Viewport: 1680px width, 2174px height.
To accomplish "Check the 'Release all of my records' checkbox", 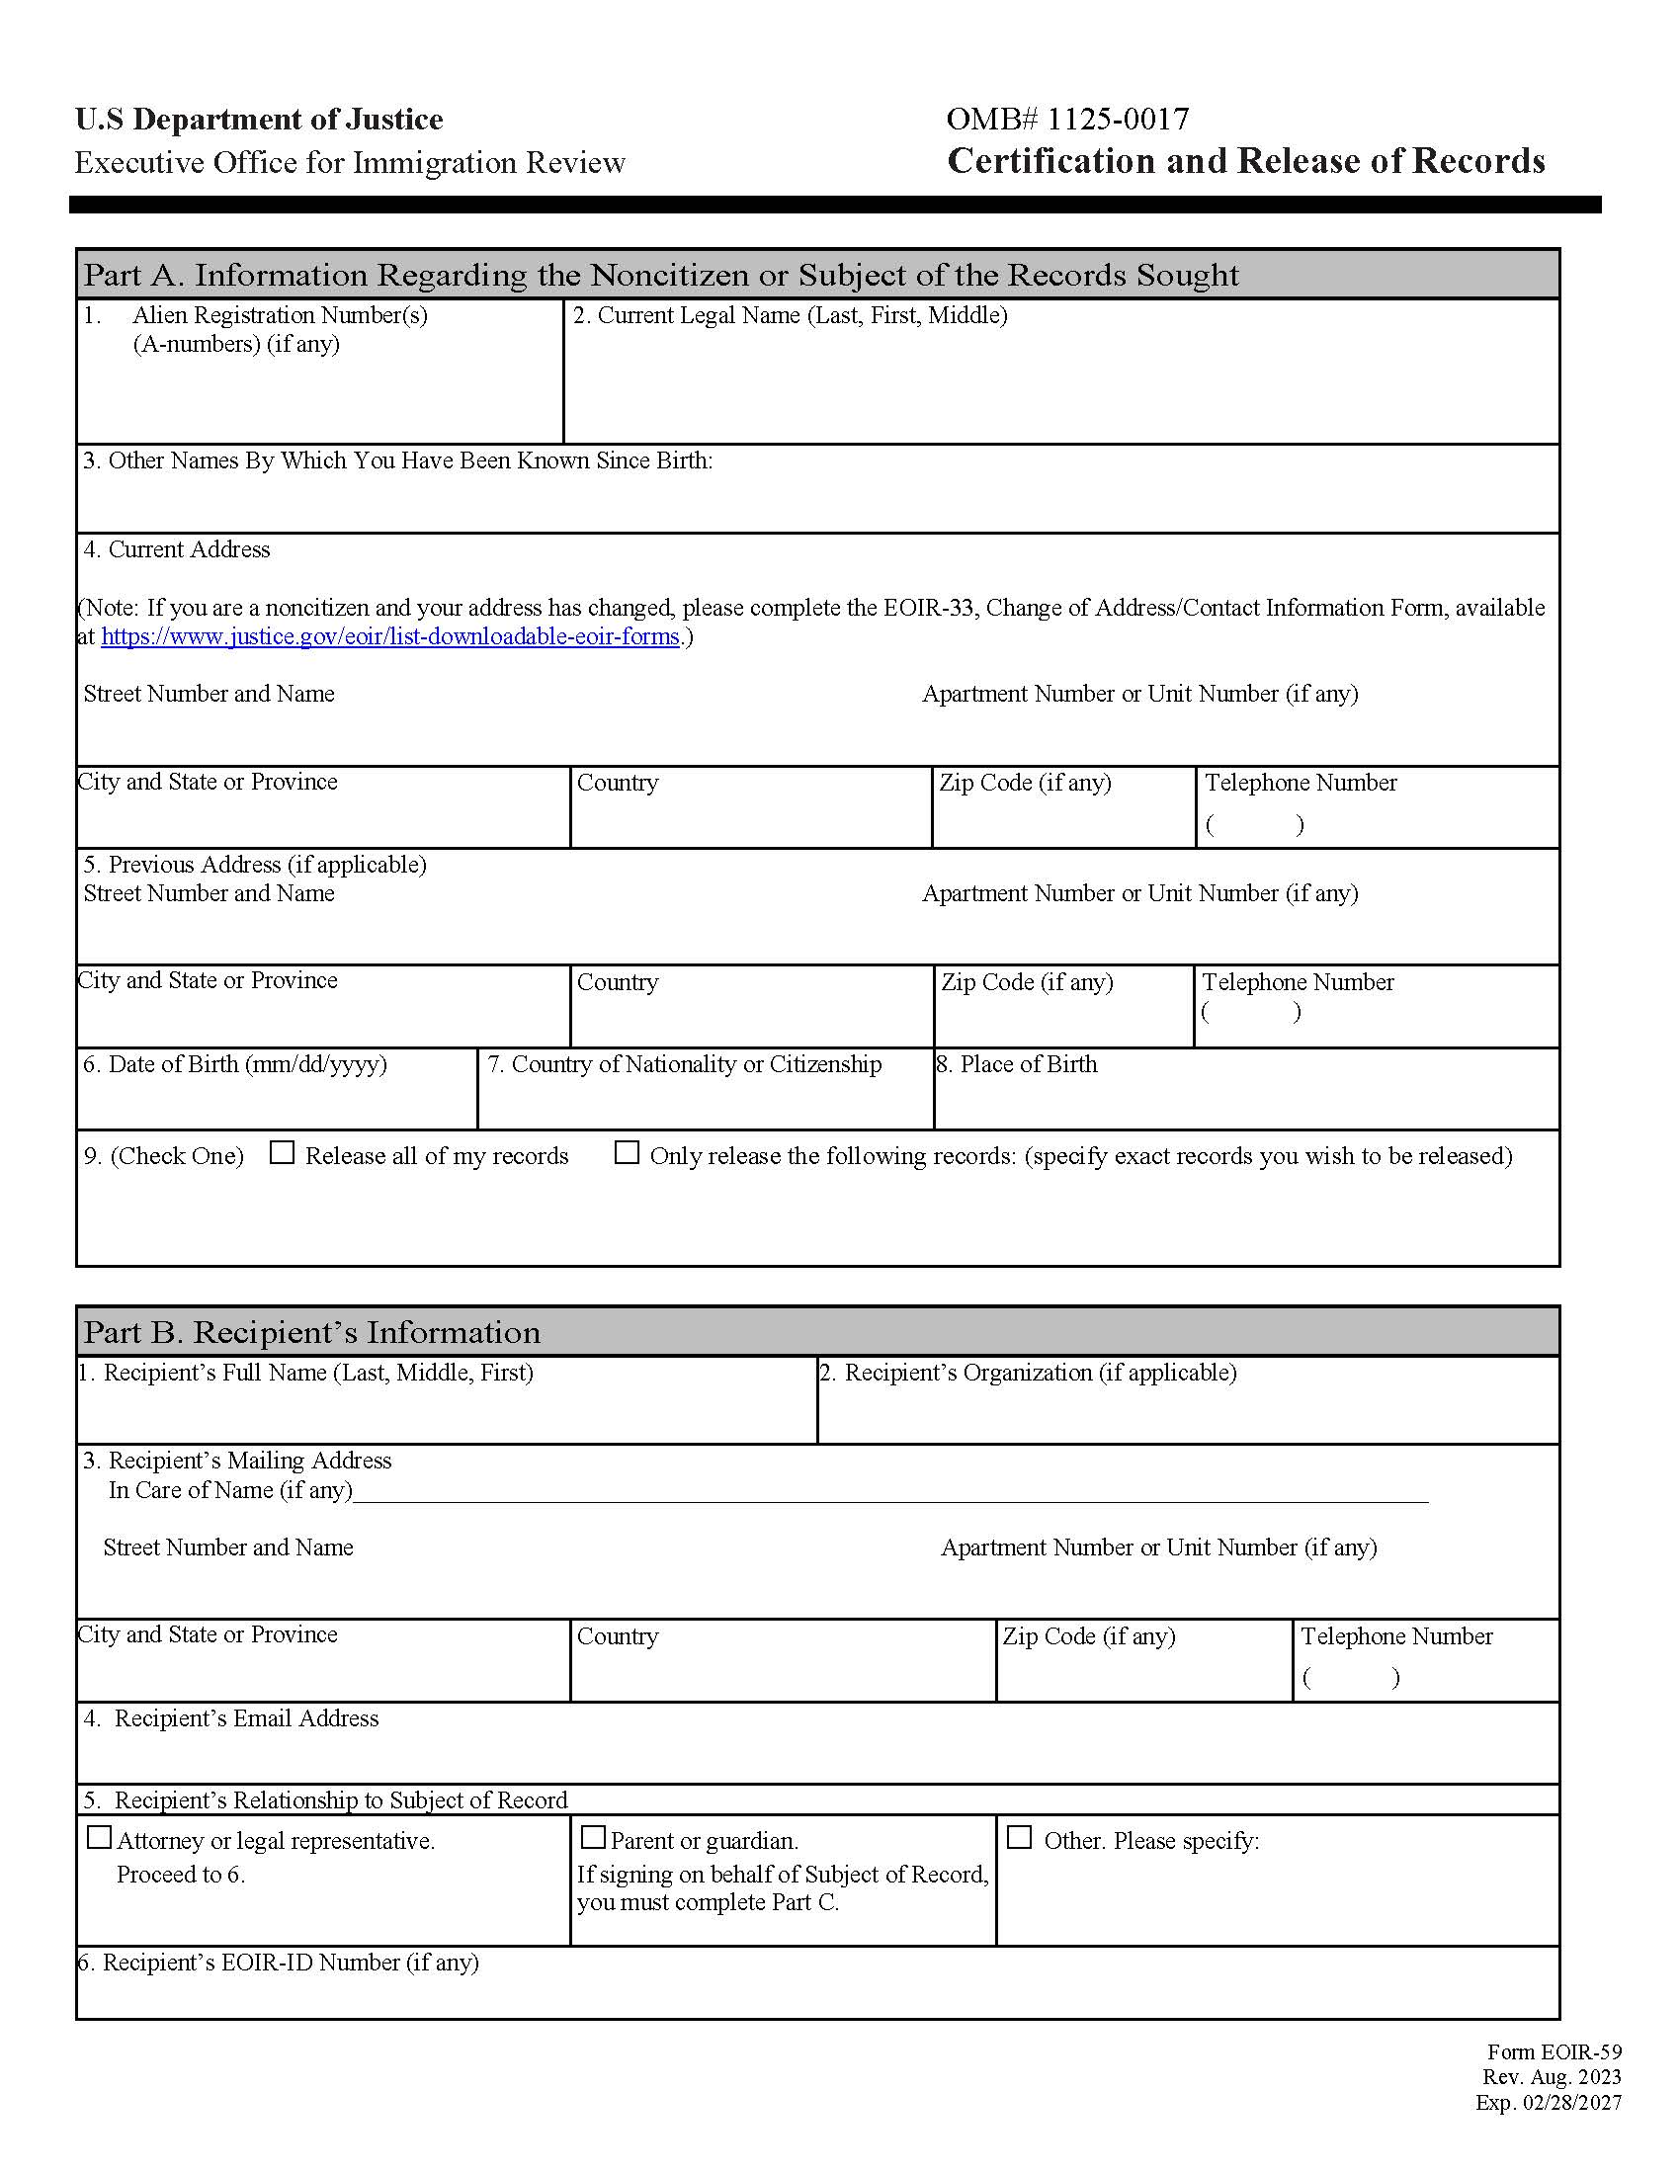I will coord(283,1152).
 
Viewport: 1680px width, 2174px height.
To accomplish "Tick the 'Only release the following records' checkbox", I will coord(626,1152).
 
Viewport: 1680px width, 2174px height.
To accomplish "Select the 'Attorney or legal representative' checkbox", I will coord(100,1838).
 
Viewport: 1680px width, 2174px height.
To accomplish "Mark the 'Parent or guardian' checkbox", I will coord(593,1838).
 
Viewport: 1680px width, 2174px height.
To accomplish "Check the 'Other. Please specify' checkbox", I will coord(1019,1838).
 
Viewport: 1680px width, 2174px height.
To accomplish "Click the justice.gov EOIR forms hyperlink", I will coord(390,637).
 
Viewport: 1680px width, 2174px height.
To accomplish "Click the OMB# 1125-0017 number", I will coord(1067,120).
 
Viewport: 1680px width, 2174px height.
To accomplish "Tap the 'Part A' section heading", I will coord(661,275).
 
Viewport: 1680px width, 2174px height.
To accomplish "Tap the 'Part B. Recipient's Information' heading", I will coord(311,1332).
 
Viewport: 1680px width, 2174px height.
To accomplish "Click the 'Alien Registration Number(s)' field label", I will coord(280,315).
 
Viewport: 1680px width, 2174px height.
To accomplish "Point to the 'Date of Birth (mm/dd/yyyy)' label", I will coord(235,1064).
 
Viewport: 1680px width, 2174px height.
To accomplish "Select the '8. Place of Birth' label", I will coord(1016,1064).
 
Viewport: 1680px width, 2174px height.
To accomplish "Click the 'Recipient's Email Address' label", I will coord(246,1718).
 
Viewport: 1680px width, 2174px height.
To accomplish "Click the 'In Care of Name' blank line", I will coord(889,1492).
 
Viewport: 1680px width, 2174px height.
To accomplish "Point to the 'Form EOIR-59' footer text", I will coord(1554,2052).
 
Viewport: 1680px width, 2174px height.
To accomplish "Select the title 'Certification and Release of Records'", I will coord(1245,161).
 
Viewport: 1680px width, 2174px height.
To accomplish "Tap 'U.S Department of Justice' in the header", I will coord(259,120).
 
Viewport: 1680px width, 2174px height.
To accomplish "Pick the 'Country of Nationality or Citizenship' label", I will coord(685,1064).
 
